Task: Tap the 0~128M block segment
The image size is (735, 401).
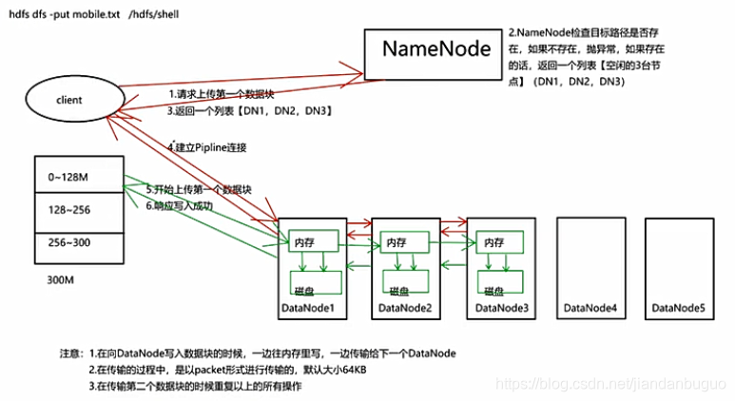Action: click(x=77, y=177)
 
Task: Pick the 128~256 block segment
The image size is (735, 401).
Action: click(x=77, y=209)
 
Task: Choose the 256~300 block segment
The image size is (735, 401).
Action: click(x=77, y=242)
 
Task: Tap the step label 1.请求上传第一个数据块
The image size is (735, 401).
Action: click(x=222, y=94)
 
